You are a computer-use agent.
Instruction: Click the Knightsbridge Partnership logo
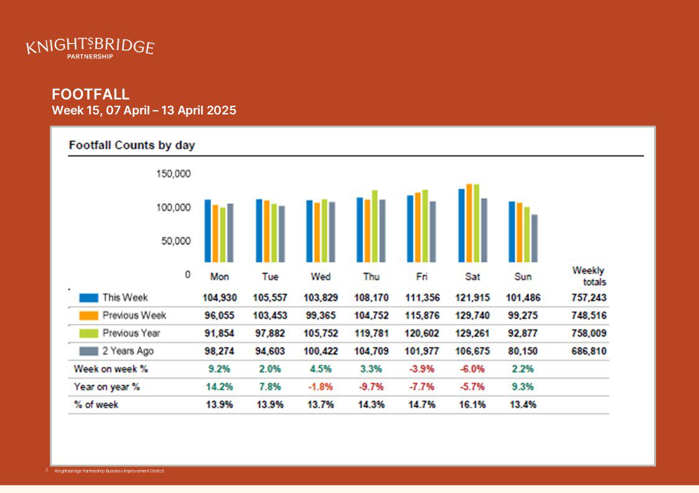(x=90, y=48)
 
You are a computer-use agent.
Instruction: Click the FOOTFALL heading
(x=90, y=94)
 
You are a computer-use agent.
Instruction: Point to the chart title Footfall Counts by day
(x=132, y=145)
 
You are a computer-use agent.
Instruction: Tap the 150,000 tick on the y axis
(x=174, y=173)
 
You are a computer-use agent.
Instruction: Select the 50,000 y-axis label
(x=176, y=241)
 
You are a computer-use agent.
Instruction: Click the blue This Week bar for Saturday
(x=461, y=225)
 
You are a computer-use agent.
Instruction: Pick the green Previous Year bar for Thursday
(x=375, y=226)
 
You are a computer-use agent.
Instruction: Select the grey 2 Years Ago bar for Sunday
(x=535, y=238)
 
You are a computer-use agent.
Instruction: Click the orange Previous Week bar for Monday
(x=215, y=233)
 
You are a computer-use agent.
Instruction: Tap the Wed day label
(x=321, y=277)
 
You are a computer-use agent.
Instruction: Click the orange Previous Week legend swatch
(x=89, y=315)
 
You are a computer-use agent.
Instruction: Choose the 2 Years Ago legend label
(x=128, y=351)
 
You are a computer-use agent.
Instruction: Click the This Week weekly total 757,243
(x=589, y=298)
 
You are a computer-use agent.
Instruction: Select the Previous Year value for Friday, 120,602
(x=422, y=333)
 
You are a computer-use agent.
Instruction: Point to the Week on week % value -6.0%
(x=472, y=369)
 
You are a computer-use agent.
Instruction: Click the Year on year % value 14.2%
(x=219, y=387)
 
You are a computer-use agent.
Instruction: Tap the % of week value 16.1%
(x=472, y=404)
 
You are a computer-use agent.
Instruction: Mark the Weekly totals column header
(x=589, y=276)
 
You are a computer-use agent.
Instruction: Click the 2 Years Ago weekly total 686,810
(x=589, y=351)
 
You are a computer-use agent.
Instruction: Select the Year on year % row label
(x=107, y=387)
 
